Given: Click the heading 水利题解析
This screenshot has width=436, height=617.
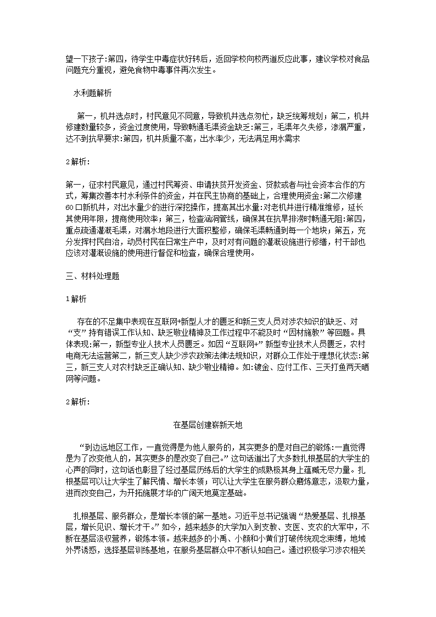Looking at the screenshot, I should [x=92, y=93].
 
